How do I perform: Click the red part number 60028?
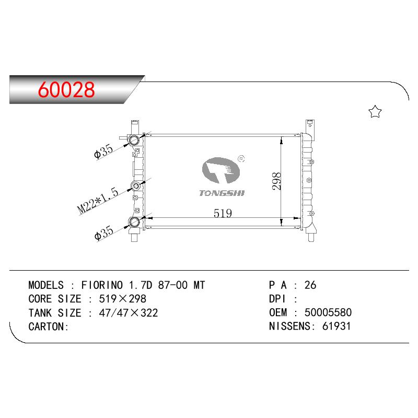pyautogui.click(x=66, y=89)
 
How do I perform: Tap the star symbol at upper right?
pyautogui.click(x=375, y=111)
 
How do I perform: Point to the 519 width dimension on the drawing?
pyautogui.click(x=223, y=213)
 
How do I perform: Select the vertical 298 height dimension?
pyautogui.click(x=277, y=181)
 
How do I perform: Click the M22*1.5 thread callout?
pyautogui.click(x=98, y=201)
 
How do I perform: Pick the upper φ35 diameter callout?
pyautogui.click(x=103, y=152)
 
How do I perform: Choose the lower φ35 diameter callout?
pyautogui.click(x=104, y=233)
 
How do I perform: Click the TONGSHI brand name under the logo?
pyautogui.click(x=222, y=193)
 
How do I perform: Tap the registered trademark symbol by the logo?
pyautogui.click(x=241, y=159)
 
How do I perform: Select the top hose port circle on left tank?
pyautogui.click(x=134, y=140)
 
